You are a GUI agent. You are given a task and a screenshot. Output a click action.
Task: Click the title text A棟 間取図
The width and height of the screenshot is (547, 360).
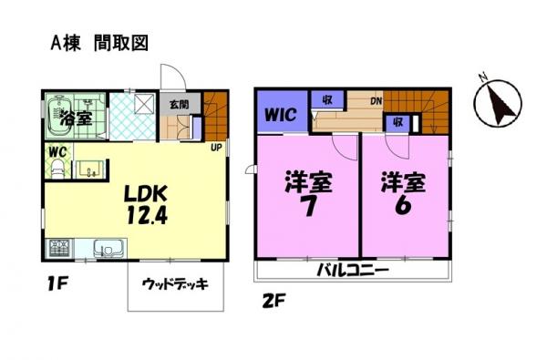pyautogui.click(x=99, y=44)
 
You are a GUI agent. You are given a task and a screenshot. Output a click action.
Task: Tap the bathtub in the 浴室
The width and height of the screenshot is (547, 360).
pyautogui.click(x=58, y=116)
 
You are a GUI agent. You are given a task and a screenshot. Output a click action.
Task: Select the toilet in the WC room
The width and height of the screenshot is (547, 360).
pyautogui.click(x=57, y=170)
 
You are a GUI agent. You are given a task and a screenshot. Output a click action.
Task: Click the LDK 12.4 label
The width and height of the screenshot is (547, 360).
pyautogui.click(x=147, y=205)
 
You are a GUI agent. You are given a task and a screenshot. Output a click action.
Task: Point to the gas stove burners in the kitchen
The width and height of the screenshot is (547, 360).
pyautogui.click(x=60, y=249)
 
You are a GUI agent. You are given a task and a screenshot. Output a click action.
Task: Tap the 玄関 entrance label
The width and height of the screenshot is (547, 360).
pyautogui.click(x=180, y=104)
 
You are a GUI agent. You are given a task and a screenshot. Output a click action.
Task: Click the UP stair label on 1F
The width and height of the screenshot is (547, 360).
pyautogui.click(x=216, y=148)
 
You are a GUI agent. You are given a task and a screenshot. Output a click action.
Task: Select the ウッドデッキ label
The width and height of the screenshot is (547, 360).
pyautogui.click(x=175, y=284)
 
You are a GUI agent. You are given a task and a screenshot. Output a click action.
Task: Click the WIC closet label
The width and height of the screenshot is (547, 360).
pyautogui.click(x=281, y=115)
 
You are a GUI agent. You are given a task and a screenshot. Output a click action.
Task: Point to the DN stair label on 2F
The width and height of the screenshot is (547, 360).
pyautogui.click(x=376, y=102)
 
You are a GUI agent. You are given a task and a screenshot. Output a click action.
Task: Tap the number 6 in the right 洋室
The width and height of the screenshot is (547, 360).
pyautogui.click(x=403, y=206)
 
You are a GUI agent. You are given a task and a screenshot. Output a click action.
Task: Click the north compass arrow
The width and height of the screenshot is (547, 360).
pyautogui.click(x=501, y=106)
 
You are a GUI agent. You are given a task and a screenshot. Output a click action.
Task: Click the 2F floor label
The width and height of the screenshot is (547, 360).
pyautogui.click(x=274, y=300)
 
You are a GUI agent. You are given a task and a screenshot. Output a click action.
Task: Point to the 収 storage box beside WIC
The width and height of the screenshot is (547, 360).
pyautogui.click(x=327, y=99)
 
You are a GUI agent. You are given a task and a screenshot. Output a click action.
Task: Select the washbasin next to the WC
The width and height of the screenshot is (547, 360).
pyautogui.click(x=91, y=170)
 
